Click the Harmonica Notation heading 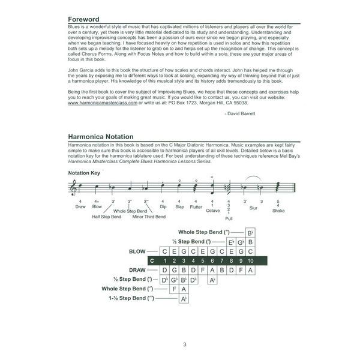click(101, 137)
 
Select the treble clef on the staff click(73, 187)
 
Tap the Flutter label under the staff click(196, 206)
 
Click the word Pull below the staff click(229, 218)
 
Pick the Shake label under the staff click(278, 211)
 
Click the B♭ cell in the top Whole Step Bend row click(251, 232)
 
